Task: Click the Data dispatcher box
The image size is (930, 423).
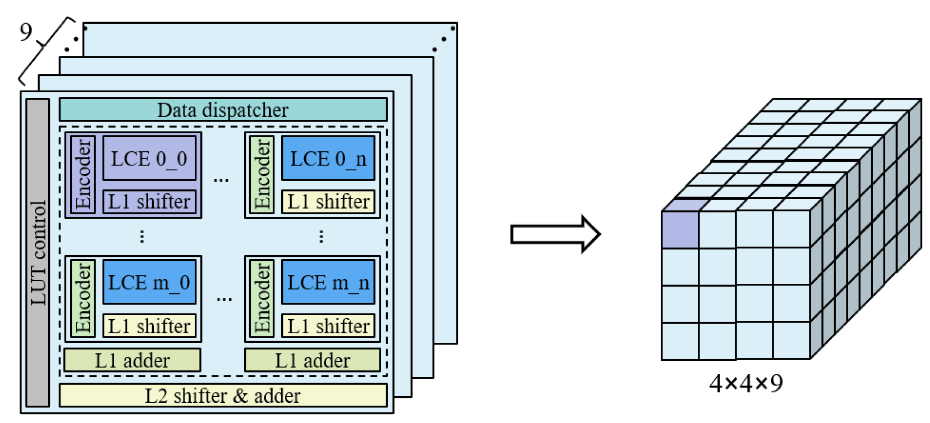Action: point(223,110)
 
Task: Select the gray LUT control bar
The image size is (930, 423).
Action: point(38,253)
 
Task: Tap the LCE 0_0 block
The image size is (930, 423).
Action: point(149,158)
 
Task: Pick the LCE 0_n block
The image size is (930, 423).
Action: point(328,158)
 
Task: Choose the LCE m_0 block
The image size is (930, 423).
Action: point(149,282)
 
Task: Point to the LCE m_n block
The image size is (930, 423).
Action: point(328,282)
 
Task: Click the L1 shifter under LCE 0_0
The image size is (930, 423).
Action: point(149,202)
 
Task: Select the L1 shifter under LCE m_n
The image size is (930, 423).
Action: point(328,326)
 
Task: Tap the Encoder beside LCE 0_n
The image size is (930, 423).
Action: point(262,175)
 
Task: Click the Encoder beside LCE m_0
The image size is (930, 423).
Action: point(83,298)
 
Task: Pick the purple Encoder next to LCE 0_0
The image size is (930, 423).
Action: point(83,175)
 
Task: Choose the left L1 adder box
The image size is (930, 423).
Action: point(132,360)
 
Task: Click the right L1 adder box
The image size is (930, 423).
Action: point(312,360)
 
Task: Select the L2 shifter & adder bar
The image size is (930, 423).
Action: point(223,395)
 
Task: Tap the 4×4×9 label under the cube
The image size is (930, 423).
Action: point(746,383)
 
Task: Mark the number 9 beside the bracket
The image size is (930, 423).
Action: point(26,32)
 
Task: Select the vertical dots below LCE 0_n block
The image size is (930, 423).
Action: point(321,236)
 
